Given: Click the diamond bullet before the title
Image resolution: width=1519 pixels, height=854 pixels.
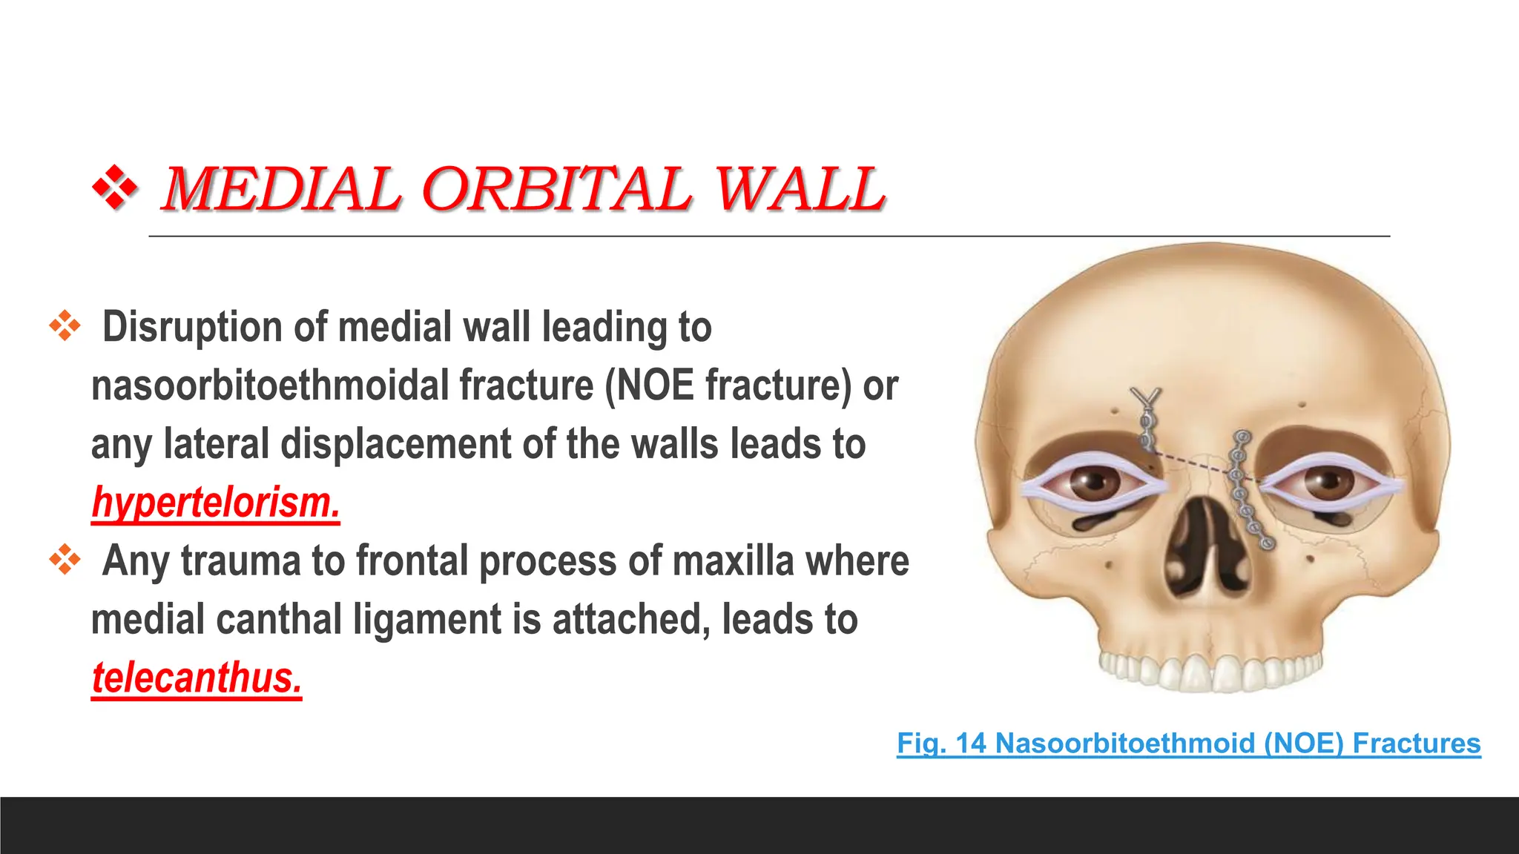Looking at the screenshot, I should [115, 188].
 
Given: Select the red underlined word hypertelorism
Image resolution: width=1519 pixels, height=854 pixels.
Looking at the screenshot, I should [216, 503].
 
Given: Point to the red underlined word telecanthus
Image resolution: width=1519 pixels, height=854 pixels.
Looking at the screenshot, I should [197, 678].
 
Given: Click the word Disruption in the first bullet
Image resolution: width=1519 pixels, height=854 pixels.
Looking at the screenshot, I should [193, 327].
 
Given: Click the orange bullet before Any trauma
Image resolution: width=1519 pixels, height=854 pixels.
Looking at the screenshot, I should [65, 560].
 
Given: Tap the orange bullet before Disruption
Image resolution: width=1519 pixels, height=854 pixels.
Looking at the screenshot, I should [65, 325].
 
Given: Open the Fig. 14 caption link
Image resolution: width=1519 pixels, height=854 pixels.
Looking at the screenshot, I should [1188, 743].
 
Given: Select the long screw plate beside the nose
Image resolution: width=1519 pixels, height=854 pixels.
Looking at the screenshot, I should [1248, 489].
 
